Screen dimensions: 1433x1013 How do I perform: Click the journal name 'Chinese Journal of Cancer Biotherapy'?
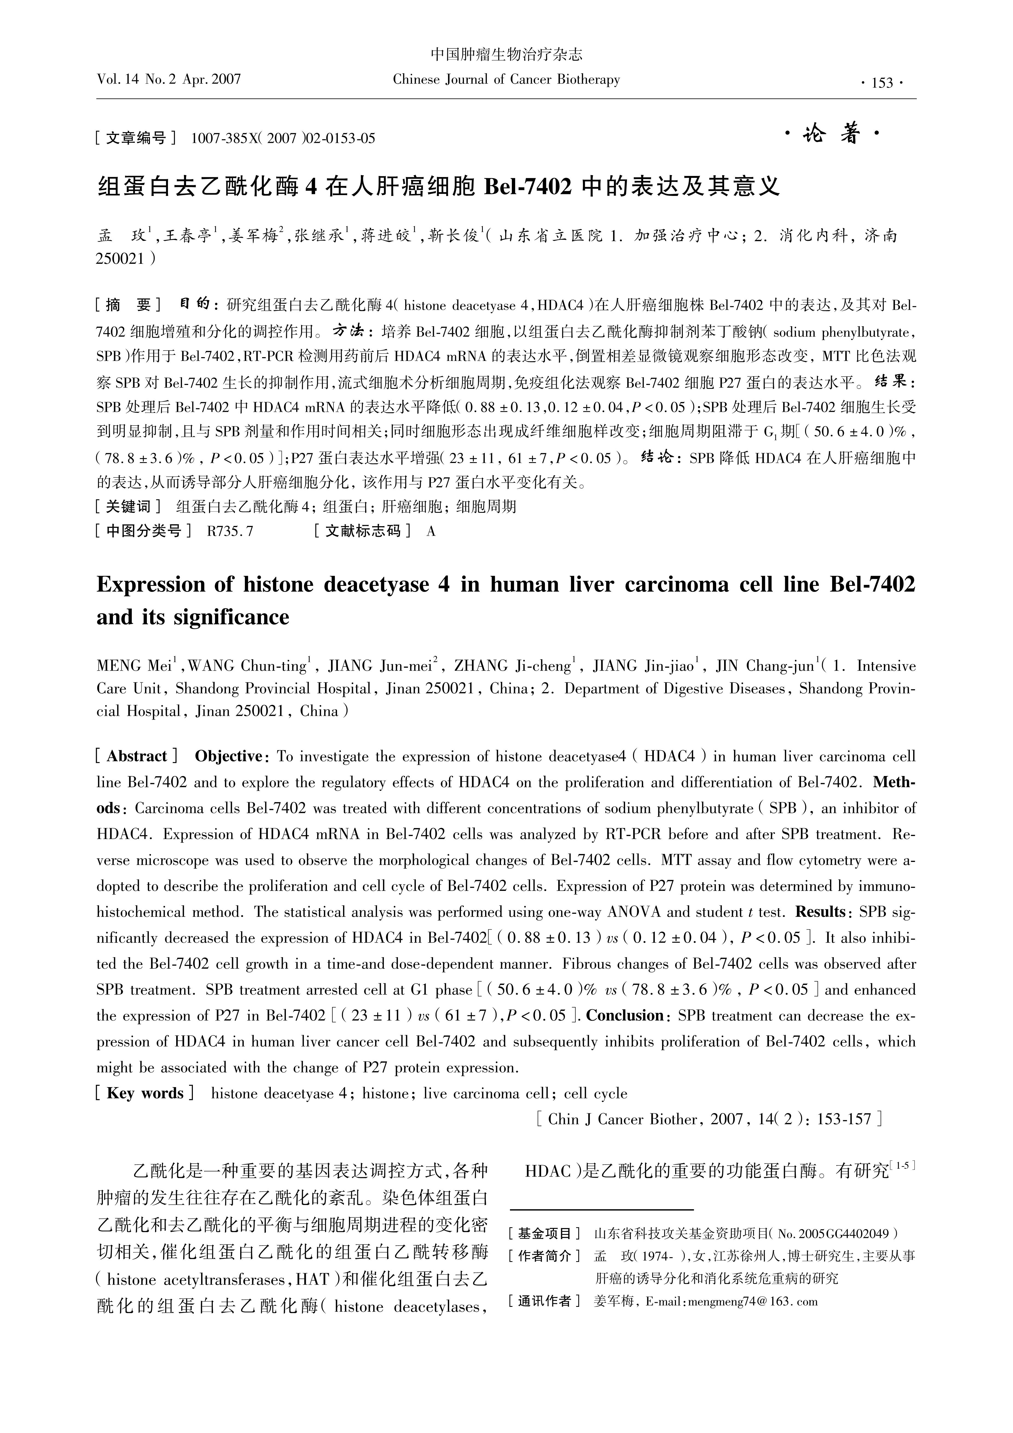pos(506,79)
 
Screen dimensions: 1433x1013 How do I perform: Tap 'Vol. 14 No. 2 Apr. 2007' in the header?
pos(169,79)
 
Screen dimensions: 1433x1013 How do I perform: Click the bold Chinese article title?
pos(439,185)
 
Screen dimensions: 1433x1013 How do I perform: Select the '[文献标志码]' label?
pos(362,531)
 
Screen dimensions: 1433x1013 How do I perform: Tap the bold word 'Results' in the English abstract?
pos(820,912)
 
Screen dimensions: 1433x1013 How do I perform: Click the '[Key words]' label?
pos(145,1093)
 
